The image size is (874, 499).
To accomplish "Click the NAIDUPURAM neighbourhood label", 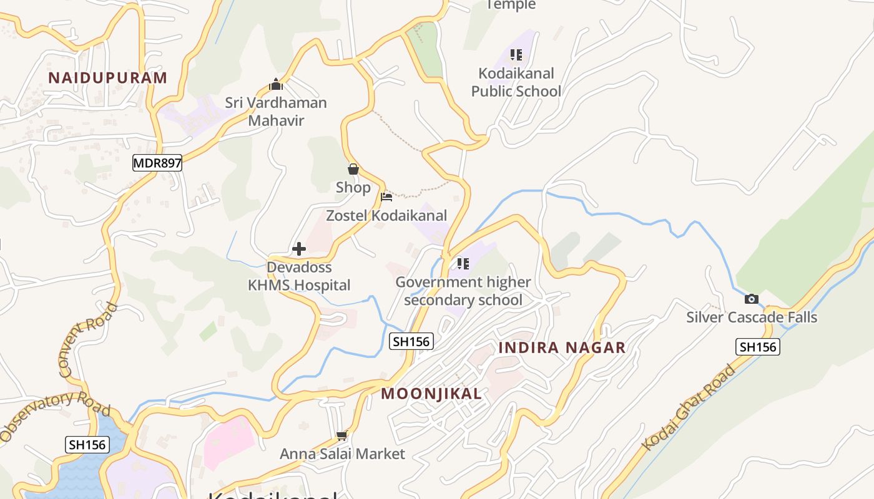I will (x=107, y=78).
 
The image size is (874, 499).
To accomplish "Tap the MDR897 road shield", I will (x=157, y=163).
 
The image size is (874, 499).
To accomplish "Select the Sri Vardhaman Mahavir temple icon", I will (x=275, y=84).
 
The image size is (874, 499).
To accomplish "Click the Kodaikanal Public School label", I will (x=516, y=82).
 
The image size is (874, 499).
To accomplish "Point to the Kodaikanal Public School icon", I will (x=516, y=55).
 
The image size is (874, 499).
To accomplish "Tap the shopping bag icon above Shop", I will (x=353, y=169).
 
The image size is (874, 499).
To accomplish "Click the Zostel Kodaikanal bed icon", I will (x=386, y=197).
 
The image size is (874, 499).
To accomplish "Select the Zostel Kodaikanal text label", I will (x=386, y=216).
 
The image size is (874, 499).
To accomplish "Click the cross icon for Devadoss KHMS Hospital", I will (x=299, y=249).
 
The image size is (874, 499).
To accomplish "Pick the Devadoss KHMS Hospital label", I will (x=299, y=276).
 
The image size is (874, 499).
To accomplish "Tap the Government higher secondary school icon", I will (x=463, y=264).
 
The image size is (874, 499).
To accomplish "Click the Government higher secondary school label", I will (x=463, y=291).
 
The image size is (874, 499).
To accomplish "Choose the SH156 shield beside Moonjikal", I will (x=411, y=341).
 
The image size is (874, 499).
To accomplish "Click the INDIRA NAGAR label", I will (x=562, y=348).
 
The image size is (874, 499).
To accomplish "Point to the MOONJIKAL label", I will (x=431, y=394).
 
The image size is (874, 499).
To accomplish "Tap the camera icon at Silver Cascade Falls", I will (x=752, y=299).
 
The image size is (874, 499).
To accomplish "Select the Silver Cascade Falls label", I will (x=752, y=317).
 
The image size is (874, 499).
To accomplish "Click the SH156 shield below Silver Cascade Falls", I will (x=758, y=347).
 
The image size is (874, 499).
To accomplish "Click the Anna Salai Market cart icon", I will (x=341, y=435).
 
